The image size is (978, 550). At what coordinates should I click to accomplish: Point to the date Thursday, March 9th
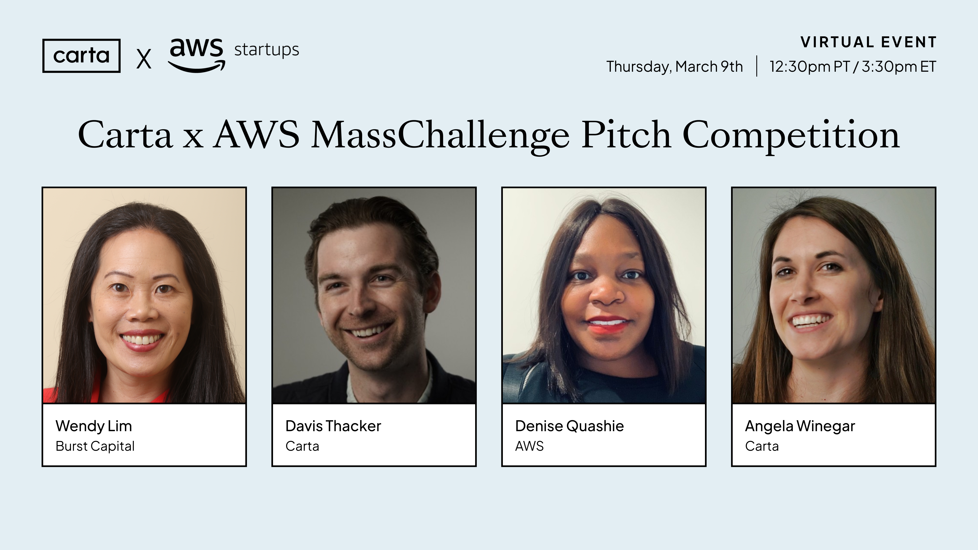click(x=674, y=66)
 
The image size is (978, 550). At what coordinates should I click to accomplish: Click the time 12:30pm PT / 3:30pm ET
click(x=853, y=66)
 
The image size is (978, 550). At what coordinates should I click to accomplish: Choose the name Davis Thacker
click(x=333, y=426)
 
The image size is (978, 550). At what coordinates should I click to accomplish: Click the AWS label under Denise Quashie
click(x=529, y=446)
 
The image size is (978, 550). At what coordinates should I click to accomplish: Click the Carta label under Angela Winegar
click(x=762, y=446)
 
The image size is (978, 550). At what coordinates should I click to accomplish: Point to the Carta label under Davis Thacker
click(x=302, y=446)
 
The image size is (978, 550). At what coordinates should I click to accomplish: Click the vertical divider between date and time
click(x=757, y=66)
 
